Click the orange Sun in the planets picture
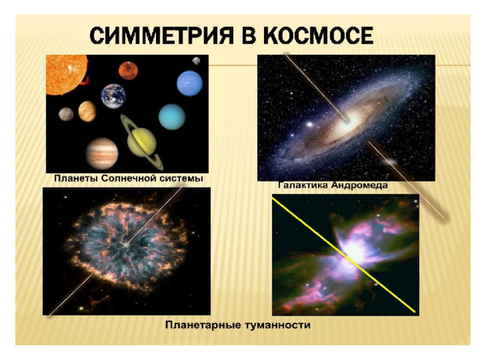pos(66,75)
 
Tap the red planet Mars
pos(128,70)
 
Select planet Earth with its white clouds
pos(113,96)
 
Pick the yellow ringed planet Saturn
pos(142,142)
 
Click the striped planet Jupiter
pos(102,154)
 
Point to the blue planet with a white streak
pos(190,83)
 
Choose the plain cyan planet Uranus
pos(172,117)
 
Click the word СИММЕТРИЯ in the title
pos(161,36)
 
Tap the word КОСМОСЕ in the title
pos(317,36)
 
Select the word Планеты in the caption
pos(76,178)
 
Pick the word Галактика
pos(303,185)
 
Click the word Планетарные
pos(203,325)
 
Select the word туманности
pos(277,325)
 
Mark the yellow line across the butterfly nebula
pos(343,255)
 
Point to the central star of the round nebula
pos(126,244)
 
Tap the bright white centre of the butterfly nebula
pos(355,252)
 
